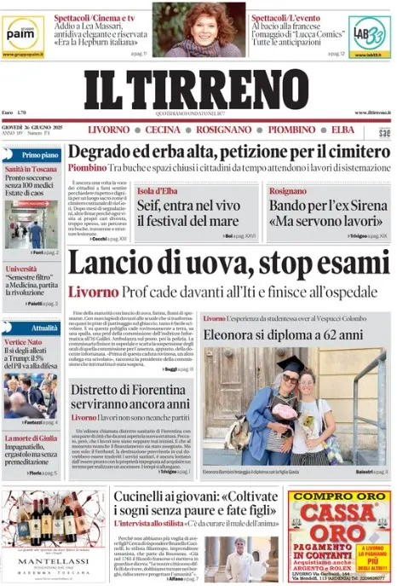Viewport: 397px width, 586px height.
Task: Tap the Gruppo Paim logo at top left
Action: click(x=22, y=32)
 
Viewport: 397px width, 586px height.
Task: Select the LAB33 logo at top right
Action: click(x=371, y=32)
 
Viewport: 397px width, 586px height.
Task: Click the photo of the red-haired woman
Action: click(x=198, y=28)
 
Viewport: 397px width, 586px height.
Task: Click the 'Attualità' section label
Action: click(x=43, y=328)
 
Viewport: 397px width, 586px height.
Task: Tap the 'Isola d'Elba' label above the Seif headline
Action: click(x=158, y=190)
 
